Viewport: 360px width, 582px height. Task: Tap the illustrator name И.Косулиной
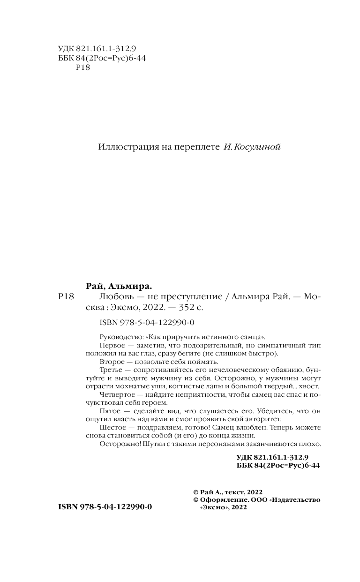click(x=251, y=147)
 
